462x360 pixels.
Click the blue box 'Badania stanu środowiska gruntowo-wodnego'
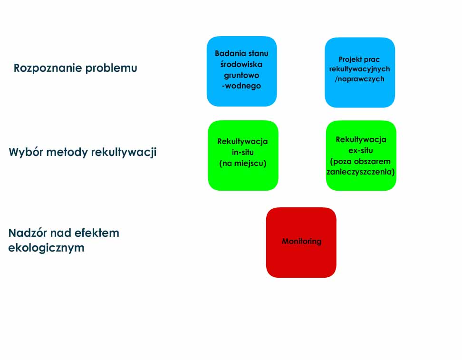click(241, 71)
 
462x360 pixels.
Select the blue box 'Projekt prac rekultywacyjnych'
click(360, 72)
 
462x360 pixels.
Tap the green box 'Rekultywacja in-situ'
click(243, 156)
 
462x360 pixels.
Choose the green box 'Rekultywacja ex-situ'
click(361, 156)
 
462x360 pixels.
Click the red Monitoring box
click(301, 243)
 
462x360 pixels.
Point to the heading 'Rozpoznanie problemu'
click(76, 68)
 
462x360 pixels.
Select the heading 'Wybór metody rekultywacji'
click(83, 153)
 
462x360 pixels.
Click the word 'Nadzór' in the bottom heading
click(28, 233)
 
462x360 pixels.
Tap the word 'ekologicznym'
click(46, 248)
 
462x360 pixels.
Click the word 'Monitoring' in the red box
click(302, 241)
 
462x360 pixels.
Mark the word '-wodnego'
click(241, 86)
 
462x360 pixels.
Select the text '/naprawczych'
click(359, 79)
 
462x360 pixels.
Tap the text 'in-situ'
click(243, 153)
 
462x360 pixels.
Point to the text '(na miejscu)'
click(243, 163)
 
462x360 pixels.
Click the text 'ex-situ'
click(361, 150)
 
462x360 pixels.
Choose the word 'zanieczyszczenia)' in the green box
click(361, 172)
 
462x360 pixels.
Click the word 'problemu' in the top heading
click(111, 68)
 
